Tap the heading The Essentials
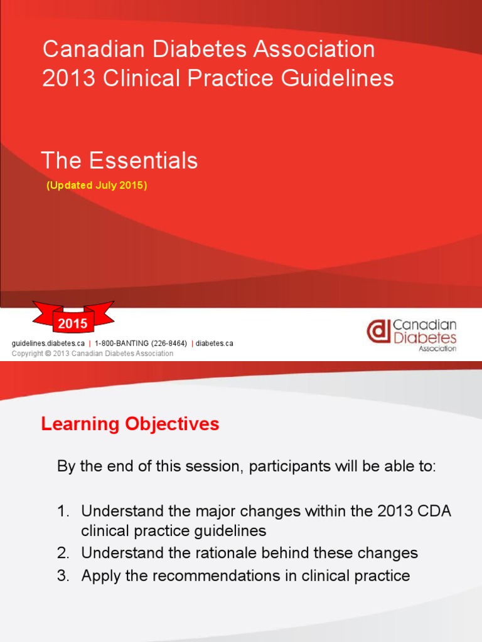pos(119,161)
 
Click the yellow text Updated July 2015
pos(97,186)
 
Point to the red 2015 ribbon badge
pos(73,323)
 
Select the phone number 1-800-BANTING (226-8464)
pos(141,344)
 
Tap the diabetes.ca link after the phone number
pos(214,344)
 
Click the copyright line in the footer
pos(92,354)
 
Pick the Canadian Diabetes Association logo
pos(412,335)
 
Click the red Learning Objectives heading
pos(130,424)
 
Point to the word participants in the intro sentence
pos(273,467)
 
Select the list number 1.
pos(62,511)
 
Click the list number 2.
pos(62,553)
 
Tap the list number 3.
pos(62,576)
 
